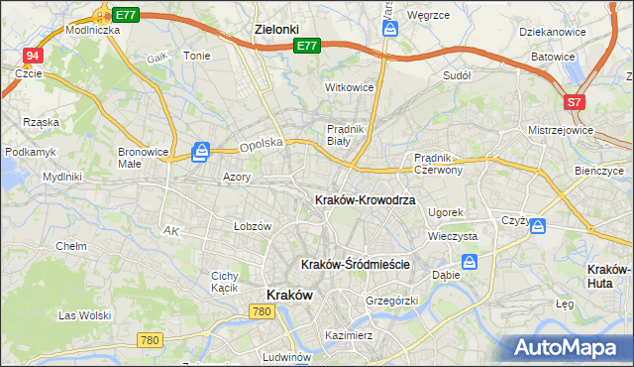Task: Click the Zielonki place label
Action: [x=276, y=30]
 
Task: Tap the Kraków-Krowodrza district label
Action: [x=365, y=200]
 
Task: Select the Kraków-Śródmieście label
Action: [x=355, y=264]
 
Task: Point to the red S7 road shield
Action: [x=576, y=102]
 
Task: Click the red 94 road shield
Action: [x=34, y=57]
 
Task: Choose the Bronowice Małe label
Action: [x=143, y=158]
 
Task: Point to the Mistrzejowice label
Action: [x=561, y=130]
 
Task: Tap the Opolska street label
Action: [x=262, y=143]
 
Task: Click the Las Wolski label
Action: [x=83, y=315]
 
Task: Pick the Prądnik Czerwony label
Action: [x=446, y=164]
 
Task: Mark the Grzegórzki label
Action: [x=392, y=300]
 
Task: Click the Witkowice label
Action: [x=350, y=87]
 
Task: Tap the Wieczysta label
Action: [x=453, y=237]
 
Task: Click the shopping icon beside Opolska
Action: [x=201, y=151]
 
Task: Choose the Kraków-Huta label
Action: [x=610, y=276]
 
